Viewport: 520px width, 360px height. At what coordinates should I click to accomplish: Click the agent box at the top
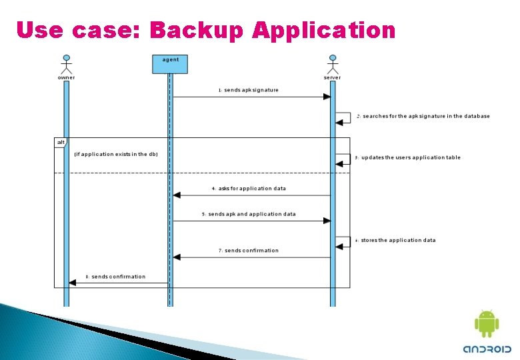170,63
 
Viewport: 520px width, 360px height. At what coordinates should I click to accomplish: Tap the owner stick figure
66,65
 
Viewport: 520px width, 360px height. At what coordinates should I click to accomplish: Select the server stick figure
332,65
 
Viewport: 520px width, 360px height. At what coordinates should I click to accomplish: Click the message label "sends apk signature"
249,90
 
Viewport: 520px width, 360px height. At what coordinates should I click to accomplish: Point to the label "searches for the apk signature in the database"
423,116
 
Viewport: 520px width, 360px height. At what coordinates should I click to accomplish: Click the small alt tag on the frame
61,142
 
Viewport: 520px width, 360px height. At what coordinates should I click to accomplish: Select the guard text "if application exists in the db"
116,155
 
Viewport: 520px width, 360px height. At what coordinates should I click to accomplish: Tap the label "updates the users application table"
408,158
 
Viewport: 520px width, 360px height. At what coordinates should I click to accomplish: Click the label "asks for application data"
249,189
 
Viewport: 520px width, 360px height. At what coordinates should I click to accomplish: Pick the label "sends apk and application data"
249,215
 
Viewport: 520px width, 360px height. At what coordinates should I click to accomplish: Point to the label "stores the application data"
395,241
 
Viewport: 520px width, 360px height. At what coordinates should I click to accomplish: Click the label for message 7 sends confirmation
249,251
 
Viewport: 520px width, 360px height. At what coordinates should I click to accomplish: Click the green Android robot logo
487,324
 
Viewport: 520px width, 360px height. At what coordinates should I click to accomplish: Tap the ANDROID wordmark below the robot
487,349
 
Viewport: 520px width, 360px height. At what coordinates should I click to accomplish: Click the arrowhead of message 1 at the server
327,97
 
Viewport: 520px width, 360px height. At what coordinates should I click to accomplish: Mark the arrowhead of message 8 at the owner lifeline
73,283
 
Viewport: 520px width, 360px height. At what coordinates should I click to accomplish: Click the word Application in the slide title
324,30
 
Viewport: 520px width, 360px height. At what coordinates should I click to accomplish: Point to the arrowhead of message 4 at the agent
177,195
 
